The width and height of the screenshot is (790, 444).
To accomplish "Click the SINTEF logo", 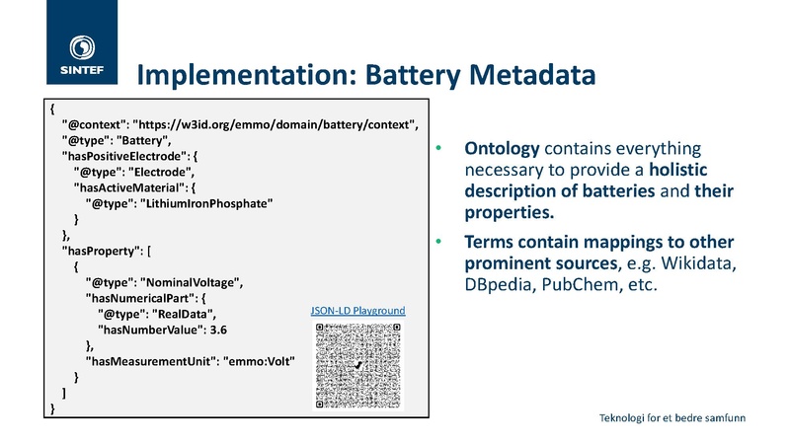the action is [x=82, y=42].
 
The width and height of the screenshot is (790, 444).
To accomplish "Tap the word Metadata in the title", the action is [x=532, y=75].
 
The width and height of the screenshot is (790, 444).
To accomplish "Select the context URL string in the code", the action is [x=275, y=125].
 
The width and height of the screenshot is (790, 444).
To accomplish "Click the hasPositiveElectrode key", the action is [x=122, y=156].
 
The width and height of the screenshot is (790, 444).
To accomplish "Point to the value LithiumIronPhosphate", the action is [x=206, y=203].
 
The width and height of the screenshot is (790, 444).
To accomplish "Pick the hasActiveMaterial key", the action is [x=128, y=187].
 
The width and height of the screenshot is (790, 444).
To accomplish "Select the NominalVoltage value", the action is [x=191, y=282].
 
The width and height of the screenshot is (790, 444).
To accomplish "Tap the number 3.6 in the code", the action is [x=218, y=330].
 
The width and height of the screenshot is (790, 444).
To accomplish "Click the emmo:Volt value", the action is [x=259, y=361].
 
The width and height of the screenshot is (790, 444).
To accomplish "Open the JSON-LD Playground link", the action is [x=357, y=311].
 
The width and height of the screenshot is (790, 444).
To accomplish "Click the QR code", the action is [x=358, y=365].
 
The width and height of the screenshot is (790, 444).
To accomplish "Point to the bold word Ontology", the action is [x=502, y=149].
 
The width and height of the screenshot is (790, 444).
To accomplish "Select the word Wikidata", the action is [x=697, y=262].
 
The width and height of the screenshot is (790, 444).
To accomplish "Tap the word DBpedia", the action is [x=498, y=285].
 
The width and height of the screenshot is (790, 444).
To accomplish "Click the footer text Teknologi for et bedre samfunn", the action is [x=672, y=417].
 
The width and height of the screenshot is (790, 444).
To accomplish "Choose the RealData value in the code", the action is [x=183, y=314].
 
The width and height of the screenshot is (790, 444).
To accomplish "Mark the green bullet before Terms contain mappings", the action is [x=438, y=242].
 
